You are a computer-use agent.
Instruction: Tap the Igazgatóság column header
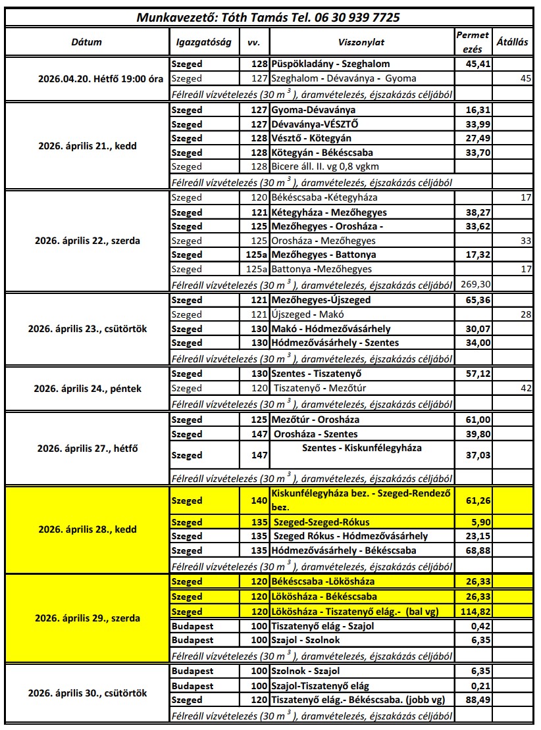click(204, 42)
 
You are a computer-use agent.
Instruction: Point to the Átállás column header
click(511, 42)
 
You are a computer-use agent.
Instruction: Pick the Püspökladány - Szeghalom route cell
click(330, 64)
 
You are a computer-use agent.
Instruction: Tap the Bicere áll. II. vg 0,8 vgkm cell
click(325, 167)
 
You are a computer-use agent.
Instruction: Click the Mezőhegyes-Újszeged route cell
click(321, 300)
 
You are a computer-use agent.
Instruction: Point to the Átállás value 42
click(525, 389)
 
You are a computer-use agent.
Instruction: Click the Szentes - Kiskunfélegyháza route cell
click(361, 449)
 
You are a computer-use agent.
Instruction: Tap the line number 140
click(259, 501)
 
